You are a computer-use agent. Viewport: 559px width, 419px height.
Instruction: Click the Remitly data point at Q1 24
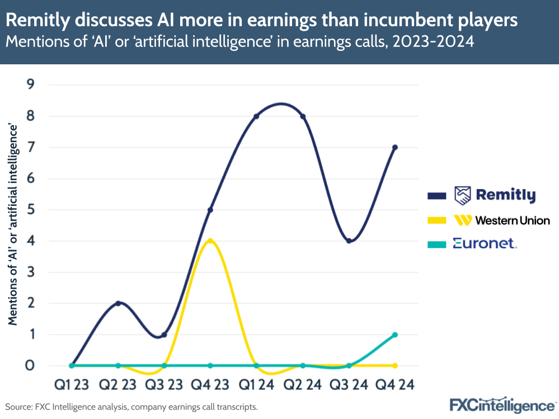click(x=256, y=116)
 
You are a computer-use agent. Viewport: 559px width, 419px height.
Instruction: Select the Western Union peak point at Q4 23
click(x=210, y=241)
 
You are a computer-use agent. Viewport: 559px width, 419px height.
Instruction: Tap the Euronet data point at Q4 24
click(x=395, y=335)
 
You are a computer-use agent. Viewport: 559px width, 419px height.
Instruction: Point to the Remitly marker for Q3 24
click(x=349, y=241)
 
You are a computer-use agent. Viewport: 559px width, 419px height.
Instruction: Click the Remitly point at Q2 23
click(x=118, y=303)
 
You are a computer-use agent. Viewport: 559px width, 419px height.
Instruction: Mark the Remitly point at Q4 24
click(x=395, y=148)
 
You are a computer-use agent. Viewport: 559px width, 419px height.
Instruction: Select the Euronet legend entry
click(x=485, y=243)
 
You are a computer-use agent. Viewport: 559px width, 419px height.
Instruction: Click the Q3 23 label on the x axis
click(x=164, y=385)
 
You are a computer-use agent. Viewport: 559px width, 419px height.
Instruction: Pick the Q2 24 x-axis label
click(x=303, y=385)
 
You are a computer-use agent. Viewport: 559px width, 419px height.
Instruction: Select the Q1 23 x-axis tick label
click(x=72, y=385)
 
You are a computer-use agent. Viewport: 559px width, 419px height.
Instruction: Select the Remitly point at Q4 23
click(x=210, y=210)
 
